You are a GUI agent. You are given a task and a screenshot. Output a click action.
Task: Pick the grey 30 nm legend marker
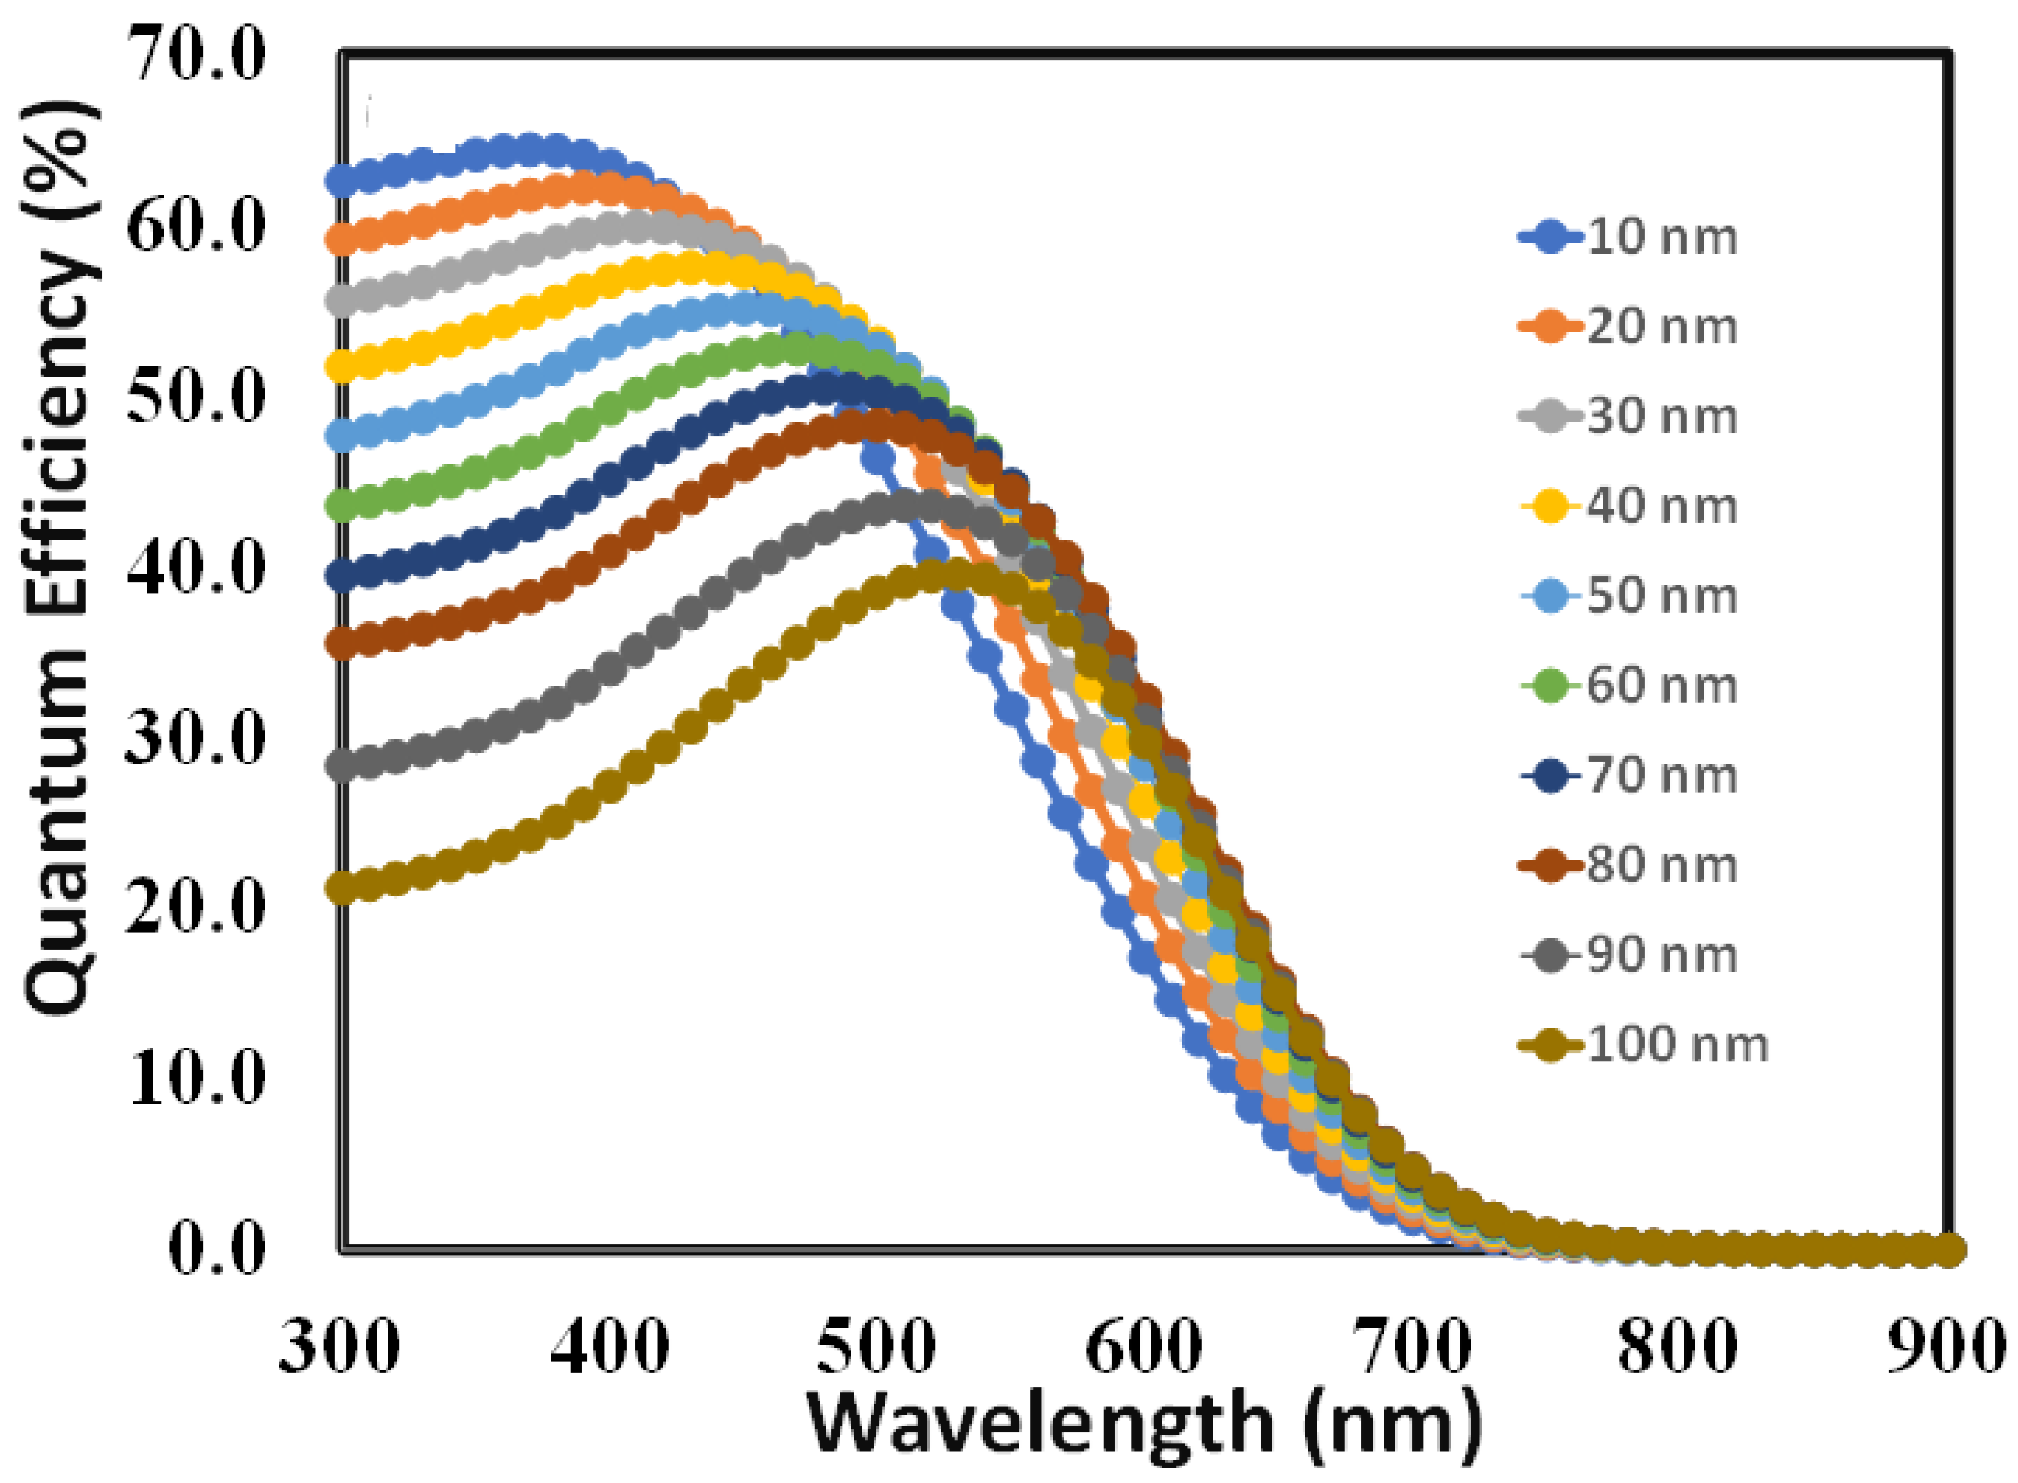1550,417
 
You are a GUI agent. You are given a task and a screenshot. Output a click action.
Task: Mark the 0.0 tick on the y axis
216,1249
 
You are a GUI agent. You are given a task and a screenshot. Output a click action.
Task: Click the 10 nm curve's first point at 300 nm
341,180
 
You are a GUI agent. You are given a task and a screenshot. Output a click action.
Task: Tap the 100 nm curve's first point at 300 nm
341,888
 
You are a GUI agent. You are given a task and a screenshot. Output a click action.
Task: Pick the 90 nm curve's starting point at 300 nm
341,765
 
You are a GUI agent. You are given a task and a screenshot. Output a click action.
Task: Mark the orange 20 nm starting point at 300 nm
341,239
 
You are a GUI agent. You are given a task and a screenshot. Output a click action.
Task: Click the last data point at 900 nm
1948,1249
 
